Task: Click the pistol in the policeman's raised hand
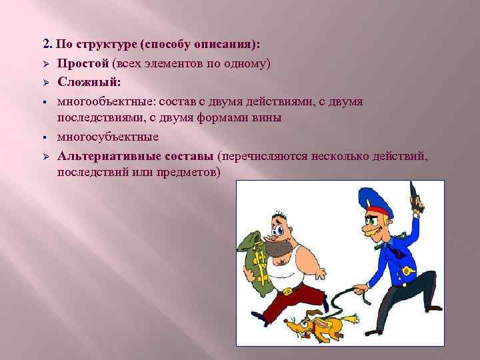click(x=415, y=195)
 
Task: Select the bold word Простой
click(x=83, y=64)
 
